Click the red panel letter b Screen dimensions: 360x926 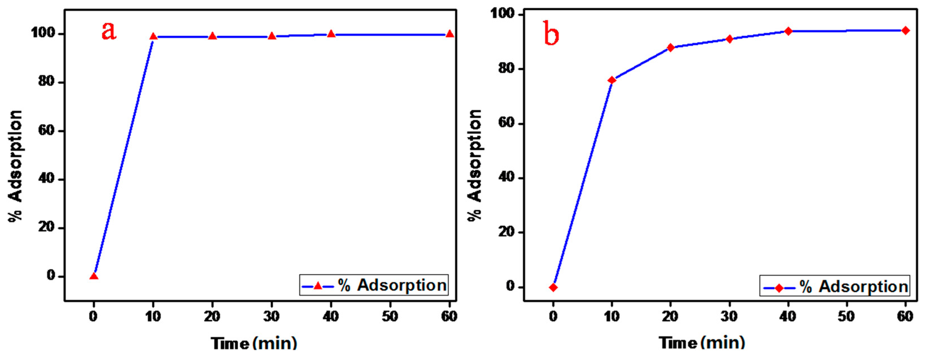[x=551, y=34]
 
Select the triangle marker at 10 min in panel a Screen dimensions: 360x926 [x=153, y=36]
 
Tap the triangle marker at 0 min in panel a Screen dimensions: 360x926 [x=94, y=276]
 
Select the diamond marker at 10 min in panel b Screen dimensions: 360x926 [x=612, y=80]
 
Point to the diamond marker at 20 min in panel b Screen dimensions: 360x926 [x=671, y=47]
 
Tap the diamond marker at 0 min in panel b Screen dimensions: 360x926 [x=553, y=287]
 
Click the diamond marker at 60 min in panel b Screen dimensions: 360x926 [x=905, y=31]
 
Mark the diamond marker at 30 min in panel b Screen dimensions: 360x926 [x=729, y=39]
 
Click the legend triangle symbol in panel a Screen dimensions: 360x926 [x=318, y=286]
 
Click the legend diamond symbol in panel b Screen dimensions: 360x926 [x=779, y=288]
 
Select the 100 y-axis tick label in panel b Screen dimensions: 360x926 [x=503, y=14]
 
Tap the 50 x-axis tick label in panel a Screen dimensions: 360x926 [x=390, y=316]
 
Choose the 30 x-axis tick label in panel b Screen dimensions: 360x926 [x=729, y=316]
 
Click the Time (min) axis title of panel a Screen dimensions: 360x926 [x=254, y=343]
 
